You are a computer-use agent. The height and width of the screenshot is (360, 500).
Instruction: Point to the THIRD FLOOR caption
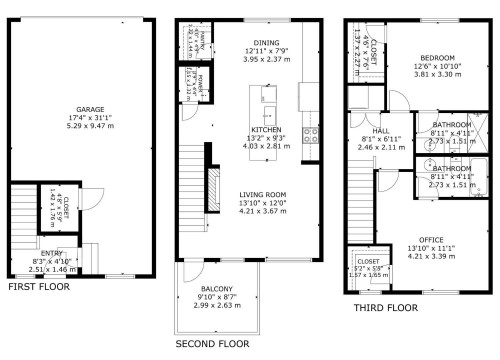pos(385,308)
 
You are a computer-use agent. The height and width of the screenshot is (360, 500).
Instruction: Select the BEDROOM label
pos(437,58)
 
